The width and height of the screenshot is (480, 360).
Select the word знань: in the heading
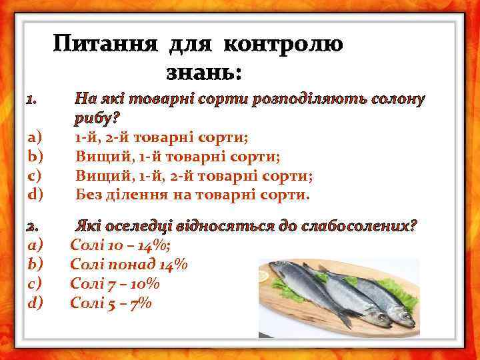[x=203, y=71]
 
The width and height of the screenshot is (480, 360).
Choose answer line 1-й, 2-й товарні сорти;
[x=161, y=138]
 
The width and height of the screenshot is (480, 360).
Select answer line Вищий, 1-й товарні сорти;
[x=177, y=157]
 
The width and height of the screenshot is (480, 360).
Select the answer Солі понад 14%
[x=129, y=265]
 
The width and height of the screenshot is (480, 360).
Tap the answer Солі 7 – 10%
[x=115, y=284]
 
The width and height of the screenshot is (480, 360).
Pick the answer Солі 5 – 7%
[x=111, y=303]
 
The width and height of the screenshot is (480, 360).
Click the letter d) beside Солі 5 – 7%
[x=35, y=303]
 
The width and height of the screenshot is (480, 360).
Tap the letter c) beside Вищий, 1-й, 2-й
[x=35, y=176]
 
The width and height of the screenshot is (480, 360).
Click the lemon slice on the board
[x=265, y=275]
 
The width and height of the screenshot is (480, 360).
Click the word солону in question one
[x=397, y=100]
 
